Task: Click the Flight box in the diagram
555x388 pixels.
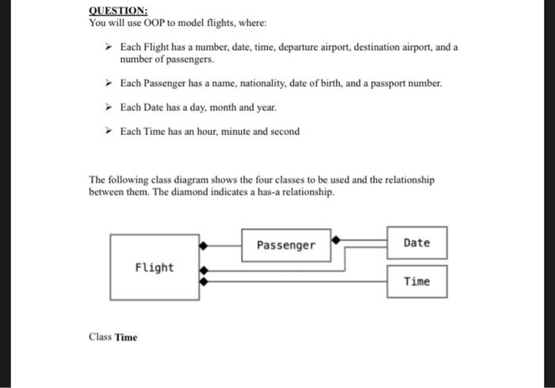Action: point(154,267)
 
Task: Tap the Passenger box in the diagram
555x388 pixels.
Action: point(285,245)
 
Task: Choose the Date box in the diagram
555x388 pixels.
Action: point(417,243)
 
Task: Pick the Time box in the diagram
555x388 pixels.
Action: point(417,282)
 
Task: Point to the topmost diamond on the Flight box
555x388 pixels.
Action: point(204,245)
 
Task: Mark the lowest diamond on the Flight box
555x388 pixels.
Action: point(204,280)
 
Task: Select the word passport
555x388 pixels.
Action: point(373,83)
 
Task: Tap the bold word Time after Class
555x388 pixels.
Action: point(126,337)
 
